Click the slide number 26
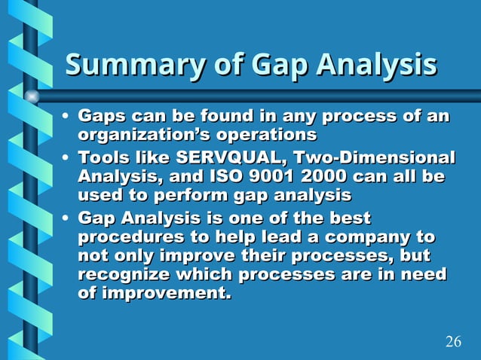click(453, 342)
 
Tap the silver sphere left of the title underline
click(31, 96)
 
